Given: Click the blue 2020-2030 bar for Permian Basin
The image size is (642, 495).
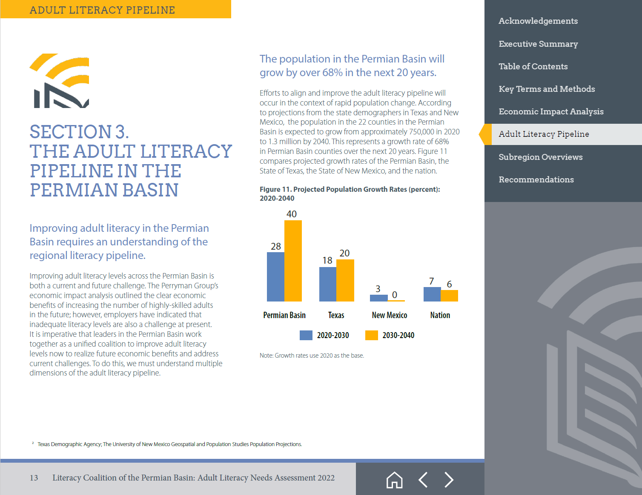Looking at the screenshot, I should tap(275, 276).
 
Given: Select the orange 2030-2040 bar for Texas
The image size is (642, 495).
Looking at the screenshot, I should tap(345, 280).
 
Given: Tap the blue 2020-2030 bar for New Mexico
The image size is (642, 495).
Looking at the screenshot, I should tap(378, 298).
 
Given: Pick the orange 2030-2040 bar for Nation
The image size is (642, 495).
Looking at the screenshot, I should tap(449, 296).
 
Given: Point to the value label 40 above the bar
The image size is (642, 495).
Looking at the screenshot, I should tap(292, 214).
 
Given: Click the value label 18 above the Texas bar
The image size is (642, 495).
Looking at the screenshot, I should tap(327, 260).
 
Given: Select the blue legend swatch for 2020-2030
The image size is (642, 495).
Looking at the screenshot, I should tap(306, 335).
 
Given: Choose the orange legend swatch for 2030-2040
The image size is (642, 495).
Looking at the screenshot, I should tap(371, 335).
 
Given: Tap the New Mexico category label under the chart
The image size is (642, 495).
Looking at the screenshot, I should tap(389, 315).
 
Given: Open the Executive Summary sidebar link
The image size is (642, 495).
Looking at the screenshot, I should tap(538, 44).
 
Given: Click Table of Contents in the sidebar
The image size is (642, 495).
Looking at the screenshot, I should tap(533, 66).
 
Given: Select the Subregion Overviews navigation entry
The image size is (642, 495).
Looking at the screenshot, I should tap(540, 157).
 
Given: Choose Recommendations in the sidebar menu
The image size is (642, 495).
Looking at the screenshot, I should tap(536, 179).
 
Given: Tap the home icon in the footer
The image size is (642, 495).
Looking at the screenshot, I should tap(394, 480).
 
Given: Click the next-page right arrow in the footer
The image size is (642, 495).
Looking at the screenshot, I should tap(449, 480).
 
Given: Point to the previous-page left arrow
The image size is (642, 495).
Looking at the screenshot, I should tap(423, 480).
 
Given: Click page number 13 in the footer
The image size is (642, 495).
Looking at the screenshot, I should tap(34, 478).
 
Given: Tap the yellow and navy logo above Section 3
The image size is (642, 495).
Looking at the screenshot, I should tap(59, 80).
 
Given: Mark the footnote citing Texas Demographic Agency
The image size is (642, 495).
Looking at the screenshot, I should tap(169, 444).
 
